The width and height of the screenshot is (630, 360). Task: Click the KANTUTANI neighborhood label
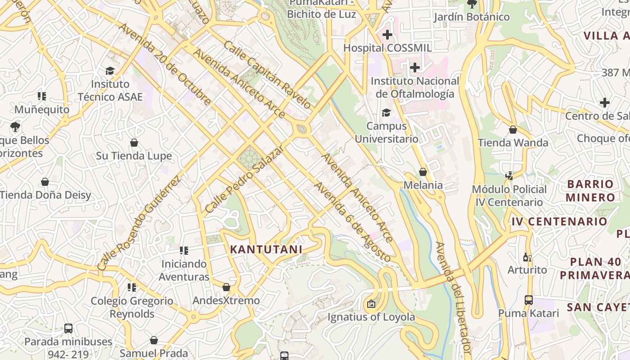[266, 249]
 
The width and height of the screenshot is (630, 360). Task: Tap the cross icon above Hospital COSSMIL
[387, 34]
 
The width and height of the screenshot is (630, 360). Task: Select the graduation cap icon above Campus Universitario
[386, 112]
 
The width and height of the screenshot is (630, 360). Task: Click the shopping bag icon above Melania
[423, 172]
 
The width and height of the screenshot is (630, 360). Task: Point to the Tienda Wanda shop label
[513, 143]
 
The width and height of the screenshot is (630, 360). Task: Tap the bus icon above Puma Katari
[529, 300]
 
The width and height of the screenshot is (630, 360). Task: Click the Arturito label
[527, 270]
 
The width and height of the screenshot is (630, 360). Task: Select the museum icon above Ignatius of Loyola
[371, 304]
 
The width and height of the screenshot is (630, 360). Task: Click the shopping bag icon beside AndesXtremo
[226, 287]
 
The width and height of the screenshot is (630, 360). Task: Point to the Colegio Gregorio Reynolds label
[132, 307]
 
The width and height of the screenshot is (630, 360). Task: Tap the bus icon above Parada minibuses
[68, 328]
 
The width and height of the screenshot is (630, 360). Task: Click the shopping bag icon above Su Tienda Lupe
[134, 143]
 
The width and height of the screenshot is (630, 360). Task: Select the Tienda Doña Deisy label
[45, 195]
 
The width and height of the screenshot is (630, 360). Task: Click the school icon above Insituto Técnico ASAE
[110, 71]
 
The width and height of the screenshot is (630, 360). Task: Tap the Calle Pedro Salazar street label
[244, 179]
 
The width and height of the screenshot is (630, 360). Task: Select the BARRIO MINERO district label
[590, 190]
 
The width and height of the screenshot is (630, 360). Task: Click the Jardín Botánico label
[472, 17]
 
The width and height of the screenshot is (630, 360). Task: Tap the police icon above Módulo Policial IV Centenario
[509, 175]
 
